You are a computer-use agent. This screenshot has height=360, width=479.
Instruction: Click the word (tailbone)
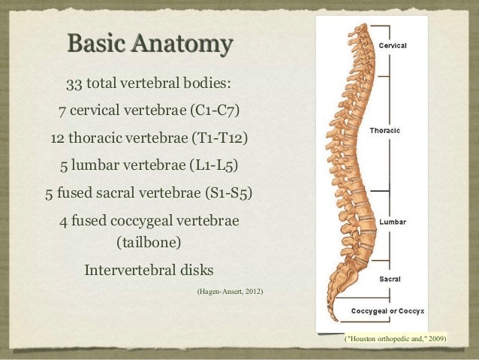pyautogui.click(x=149, y=243)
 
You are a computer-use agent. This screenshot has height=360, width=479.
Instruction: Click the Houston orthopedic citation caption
pyautogui.click(x=395, y=338)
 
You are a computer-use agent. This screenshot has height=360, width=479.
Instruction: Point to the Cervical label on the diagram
pyautogui.click(x=393, y=46)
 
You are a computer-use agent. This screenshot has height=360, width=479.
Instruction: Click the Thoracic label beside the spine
pyautogui.click(x=384, y=130)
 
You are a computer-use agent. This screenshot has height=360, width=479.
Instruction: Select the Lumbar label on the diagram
pyautogui.click(x=393, y=222)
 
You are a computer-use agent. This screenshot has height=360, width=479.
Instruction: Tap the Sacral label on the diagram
pyautogui.click(x=390, y=278)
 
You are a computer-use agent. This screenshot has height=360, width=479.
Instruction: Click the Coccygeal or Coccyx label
pyautogui.click(x=387, y=310)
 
